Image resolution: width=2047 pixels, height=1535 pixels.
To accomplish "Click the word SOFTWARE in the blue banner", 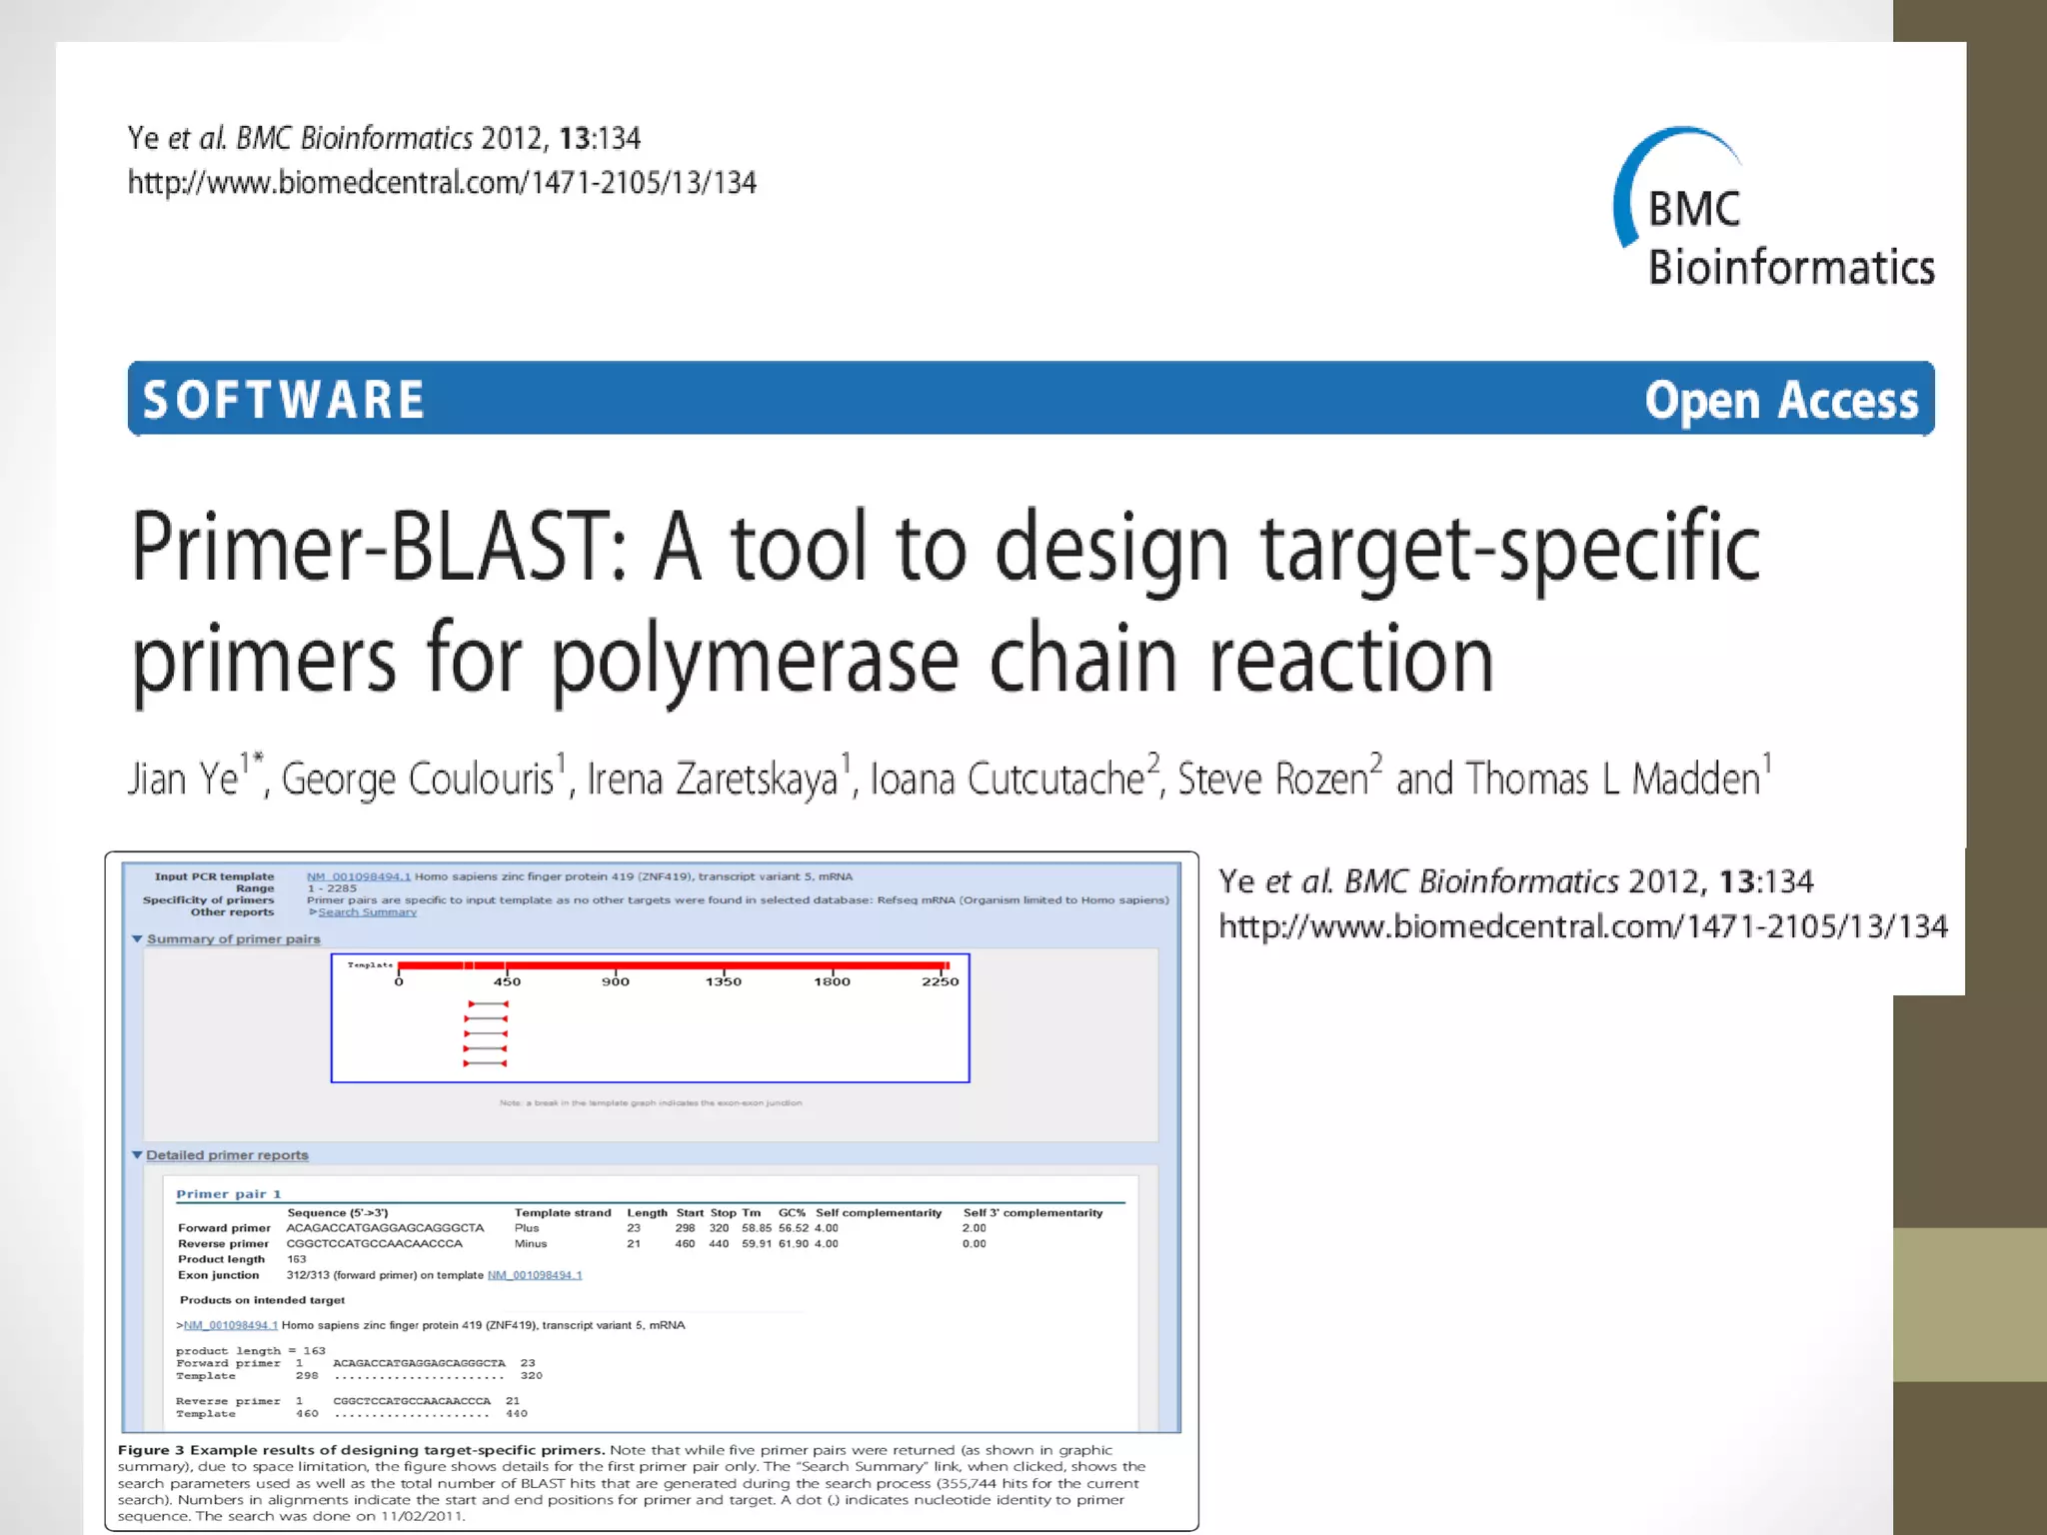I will tap(284, 400).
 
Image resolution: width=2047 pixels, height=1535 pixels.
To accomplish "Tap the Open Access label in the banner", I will tap(1781, 400).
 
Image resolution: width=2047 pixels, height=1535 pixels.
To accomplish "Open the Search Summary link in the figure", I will tap(367, 912).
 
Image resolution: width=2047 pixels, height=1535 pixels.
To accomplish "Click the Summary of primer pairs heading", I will tap(233, 939).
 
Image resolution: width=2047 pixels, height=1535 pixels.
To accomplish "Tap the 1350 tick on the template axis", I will tap(724, 982).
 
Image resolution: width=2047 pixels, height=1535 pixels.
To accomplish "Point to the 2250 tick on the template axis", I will tap(940, 982).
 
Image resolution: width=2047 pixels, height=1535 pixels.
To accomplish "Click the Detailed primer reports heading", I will tap(227, 1155).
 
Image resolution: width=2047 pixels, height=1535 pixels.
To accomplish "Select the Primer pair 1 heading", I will tap(229, 1194).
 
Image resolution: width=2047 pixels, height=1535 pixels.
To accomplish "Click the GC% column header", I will tap(792, 1213).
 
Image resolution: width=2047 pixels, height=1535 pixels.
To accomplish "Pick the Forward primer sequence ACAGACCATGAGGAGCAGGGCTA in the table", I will tap(385, 1228).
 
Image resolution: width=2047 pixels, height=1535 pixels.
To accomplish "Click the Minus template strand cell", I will tap(531, 1244).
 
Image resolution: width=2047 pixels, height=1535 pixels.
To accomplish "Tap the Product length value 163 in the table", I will tap(297, 1259).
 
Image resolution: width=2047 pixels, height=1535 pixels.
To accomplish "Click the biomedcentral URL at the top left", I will tap(442, 183).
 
